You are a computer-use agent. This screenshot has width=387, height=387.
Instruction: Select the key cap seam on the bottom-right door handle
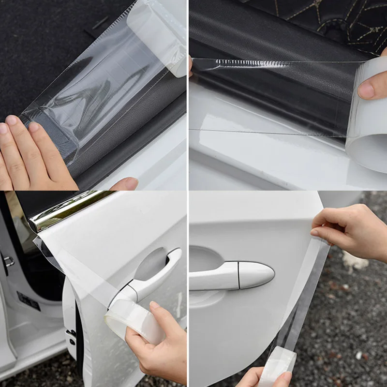point(238,276)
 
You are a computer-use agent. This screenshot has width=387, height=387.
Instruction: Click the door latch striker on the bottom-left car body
point(8,261)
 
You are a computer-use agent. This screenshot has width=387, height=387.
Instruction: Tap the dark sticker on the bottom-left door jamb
point(28,301)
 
